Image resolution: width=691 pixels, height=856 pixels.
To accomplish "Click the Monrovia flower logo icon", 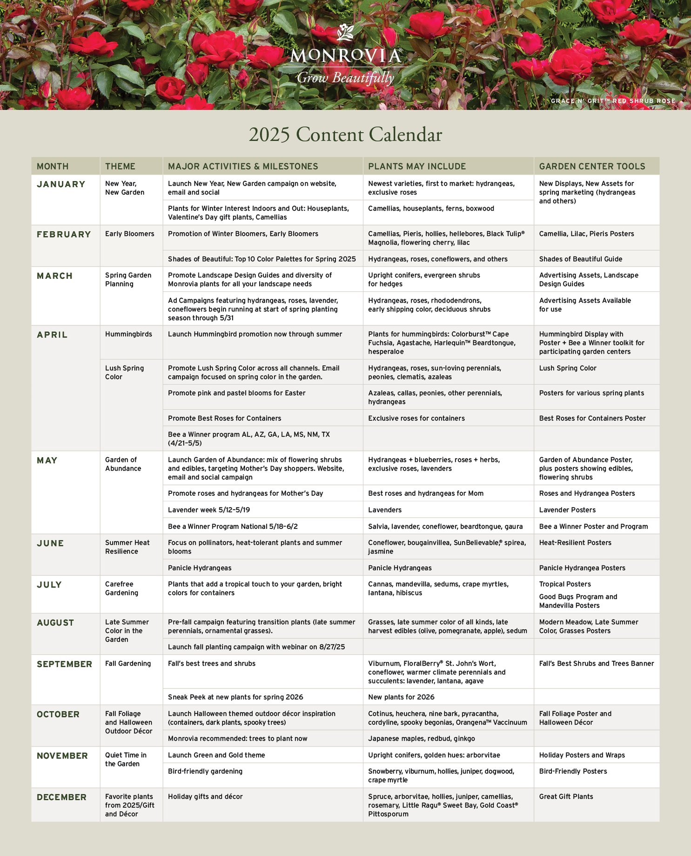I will tap(345, 33).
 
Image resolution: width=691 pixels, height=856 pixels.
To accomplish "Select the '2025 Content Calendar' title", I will tap(345, 135).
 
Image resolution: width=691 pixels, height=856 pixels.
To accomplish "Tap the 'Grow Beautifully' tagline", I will tap(345, 78).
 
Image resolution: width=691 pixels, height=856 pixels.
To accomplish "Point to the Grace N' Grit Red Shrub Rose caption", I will tap(613, 101).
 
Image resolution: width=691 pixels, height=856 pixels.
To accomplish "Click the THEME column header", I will tap(120, 166).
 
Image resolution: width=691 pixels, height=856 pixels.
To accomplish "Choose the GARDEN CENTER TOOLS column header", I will tap(592, 166).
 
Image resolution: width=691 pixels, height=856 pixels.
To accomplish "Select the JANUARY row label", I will tap(61, 184).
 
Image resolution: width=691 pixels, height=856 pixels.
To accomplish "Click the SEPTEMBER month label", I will tap(64, 664).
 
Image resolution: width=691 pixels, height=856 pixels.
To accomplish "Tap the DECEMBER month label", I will tap(61, 797).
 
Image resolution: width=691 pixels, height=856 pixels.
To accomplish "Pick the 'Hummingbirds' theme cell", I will tap(128, 334).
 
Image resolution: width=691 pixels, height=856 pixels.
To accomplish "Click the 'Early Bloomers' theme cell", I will tap(129, 234).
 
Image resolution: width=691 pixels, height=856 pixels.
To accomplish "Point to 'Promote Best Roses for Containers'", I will tap(224, 418).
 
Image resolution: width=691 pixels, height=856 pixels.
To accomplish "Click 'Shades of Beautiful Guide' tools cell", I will tap(580, 259).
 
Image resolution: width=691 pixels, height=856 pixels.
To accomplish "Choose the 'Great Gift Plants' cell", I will tap(566, 796).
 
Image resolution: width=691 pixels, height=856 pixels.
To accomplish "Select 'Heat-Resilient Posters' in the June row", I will tap(575, 543).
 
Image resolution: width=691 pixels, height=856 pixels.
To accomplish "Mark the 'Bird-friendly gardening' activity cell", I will tap(205, 771).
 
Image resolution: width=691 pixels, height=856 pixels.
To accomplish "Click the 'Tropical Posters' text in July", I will tap(565, 584).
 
